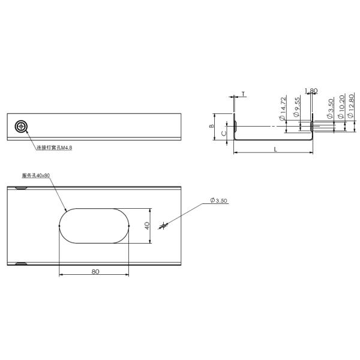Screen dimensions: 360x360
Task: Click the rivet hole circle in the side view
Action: (x=22, y=126)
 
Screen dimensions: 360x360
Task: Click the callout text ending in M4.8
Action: (x=54, y=148)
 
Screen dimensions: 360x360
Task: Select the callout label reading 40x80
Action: (x=35, y=176)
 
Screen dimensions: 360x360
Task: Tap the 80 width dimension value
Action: (x=95, y=271)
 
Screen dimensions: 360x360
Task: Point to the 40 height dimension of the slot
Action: (x=146, y=226)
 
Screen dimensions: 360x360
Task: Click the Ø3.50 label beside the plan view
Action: (x=218, y=201)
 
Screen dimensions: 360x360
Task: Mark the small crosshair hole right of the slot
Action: (x=163, y=226)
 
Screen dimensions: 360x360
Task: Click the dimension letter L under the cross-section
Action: (x=275, y=149)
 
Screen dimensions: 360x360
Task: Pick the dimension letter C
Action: (x=223, y=134)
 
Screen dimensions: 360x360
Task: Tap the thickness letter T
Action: (x=244, y=94)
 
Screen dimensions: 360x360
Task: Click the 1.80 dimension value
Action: (x=311, y=91)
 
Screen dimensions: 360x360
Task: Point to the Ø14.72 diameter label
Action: (x=282, y=109)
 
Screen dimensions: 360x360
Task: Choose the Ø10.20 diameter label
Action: (x=341, y=106)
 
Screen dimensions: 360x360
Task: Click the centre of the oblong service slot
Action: (x=95, y=226)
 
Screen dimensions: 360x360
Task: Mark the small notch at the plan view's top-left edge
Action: (x=21, y=188)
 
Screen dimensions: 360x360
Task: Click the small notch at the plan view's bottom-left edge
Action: (x=21, y=263)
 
